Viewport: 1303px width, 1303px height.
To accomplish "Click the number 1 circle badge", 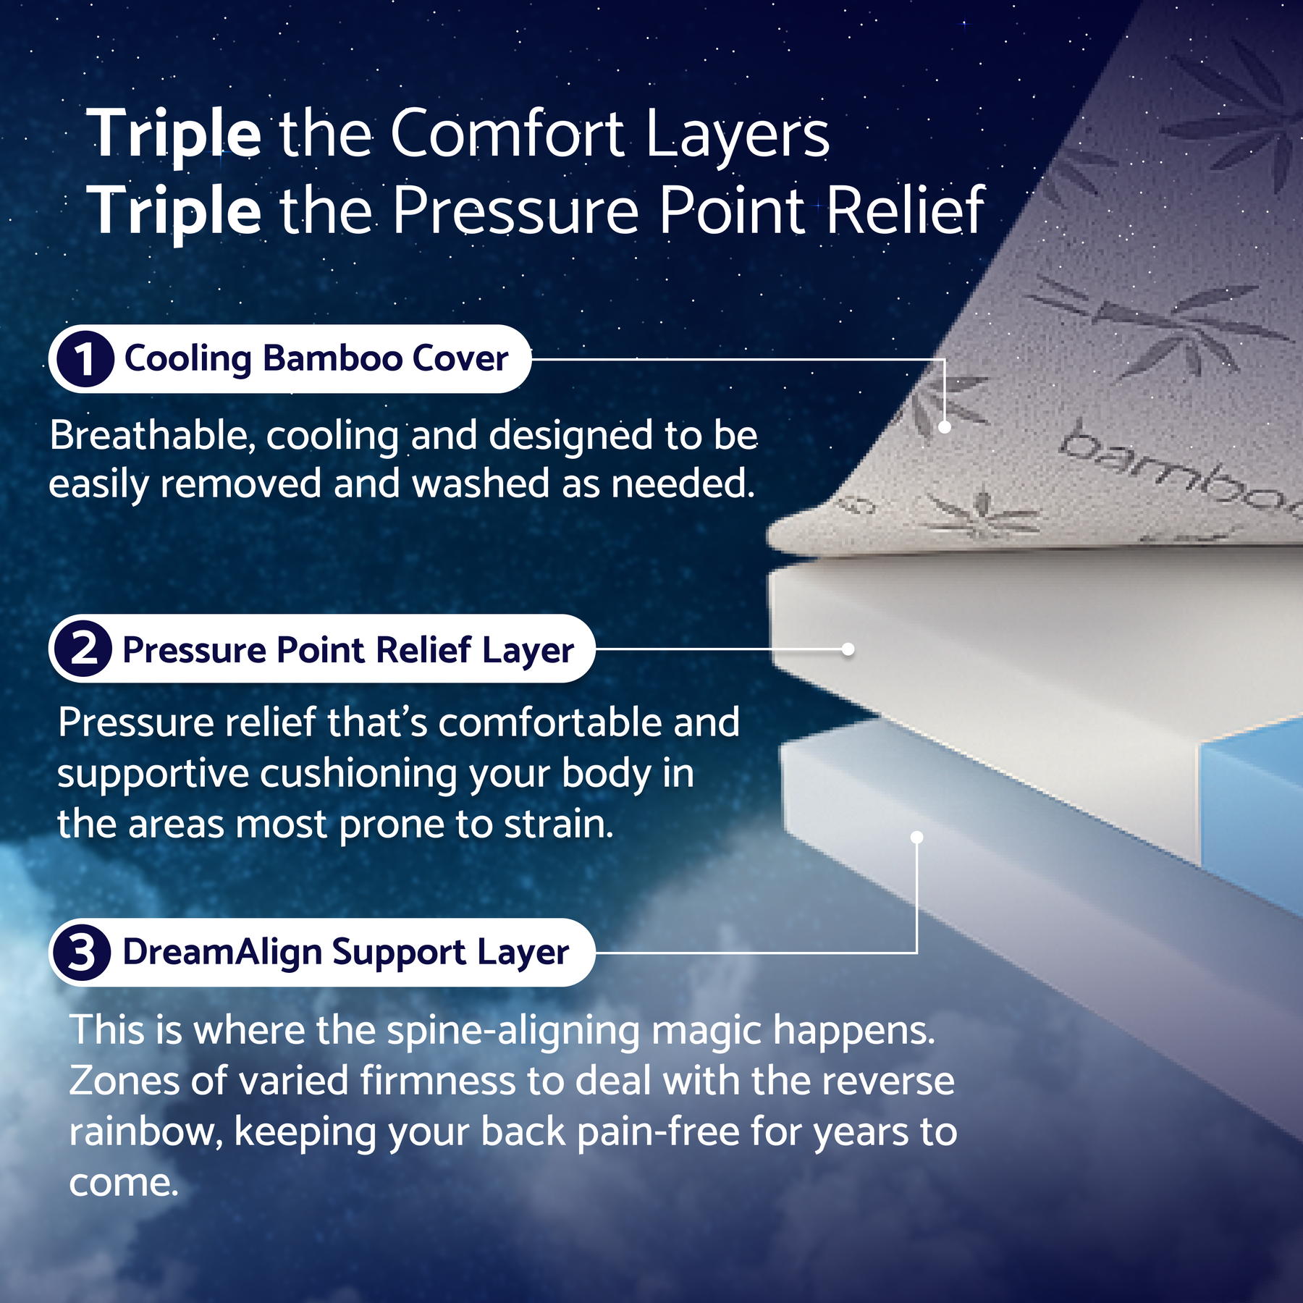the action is [85, 359].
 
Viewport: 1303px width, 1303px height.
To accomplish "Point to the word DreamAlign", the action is [222, 953].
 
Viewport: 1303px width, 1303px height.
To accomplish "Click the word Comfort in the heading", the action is [507, 133].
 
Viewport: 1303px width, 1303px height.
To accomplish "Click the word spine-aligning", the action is [513, 1031].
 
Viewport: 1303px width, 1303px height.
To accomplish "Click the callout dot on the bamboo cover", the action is [944, 427].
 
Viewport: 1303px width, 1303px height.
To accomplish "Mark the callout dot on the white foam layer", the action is [848, 649].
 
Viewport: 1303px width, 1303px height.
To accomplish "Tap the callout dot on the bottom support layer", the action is [916, 838].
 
